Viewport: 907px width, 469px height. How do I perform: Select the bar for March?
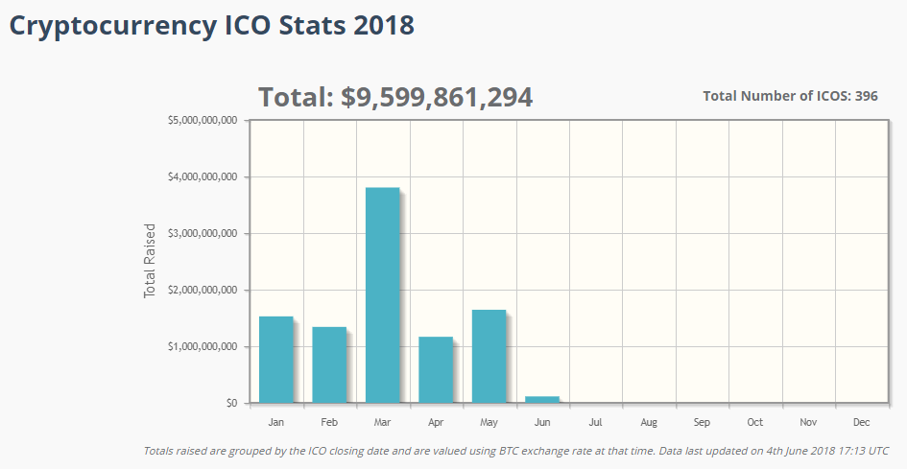pos(382,295)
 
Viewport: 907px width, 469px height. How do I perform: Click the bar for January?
pos(276,360)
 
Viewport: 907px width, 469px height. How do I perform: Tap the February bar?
pos(329,364)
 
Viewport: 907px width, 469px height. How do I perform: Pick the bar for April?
pos(436,369)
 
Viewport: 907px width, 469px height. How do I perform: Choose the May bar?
pos(489,356)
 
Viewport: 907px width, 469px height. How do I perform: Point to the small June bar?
pos(542,399)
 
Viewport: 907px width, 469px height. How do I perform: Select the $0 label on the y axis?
pos(229,404)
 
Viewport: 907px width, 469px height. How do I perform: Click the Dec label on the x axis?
pos(861,423)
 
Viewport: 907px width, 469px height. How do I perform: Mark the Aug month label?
pos(649,423)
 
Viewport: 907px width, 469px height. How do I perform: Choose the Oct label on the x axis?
pos(755,423)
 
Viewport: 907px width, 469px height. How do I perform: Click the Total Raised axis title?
pos(150,261)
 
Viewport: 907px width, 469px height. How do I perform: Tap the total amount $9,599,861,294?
pos(437,97)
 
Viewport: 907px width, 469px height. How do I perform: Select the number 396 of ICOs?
pos(866,96)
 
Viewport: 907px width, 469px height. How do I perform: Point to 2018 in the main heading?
pos(384,26)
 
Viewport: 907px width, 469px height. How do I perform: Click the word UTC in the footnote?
pos(877,451)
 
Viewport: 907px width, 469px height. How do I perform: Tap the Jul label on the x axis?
pos(595,423)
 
